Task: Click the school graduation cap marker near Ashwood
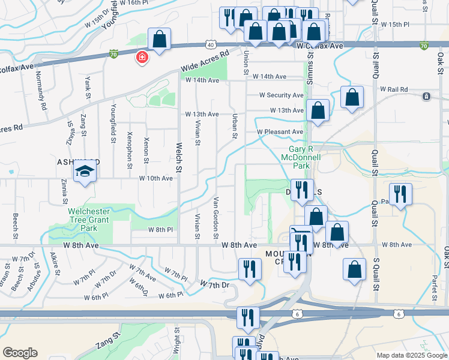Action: [85, 171]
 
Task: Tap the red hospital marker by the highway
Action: [142, 58]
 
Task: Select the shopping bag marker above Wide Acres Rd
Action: [159, 40]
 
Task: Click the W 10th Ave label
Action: [155, 178]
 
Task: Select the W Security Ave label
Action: [281, 95]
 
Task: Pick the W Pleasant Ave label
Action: [280, 132]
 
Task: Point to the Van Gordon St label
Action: [215, 217]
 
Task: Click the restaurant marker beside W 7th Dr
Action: [250, 269]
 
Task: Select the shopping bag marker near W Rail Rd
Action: [352, 97]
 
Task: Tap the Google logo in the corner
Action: [20, 353]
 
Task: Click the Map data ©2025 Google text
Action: [412, 355]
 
